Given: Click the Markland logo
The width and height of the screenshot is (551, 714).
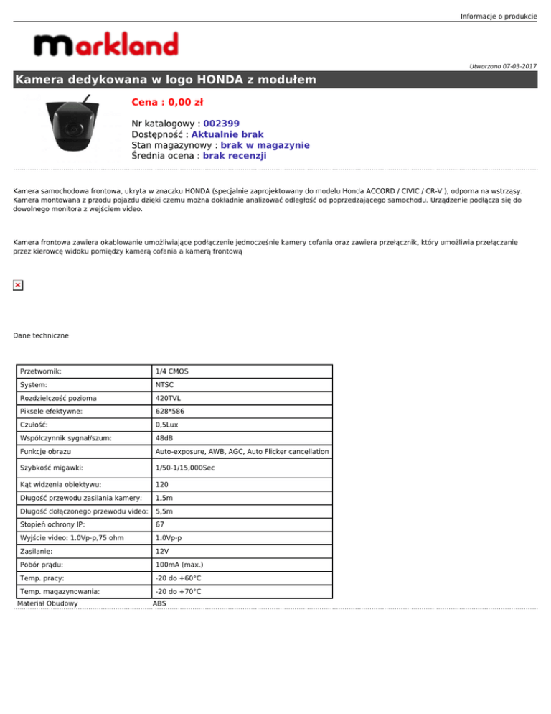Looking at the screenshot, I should point(105,45).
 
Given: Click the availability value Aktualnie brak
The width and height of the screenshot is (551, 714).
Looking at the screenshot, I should point(227,134).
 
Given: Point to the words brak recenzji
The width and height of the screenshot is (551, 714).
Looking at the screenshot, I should point(235,155).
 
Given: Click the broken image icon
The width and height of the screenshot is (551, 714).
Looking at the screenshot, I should point(18,285).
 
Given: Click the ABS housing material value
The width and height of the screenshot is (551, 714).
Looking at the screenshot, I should point(159,604).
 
